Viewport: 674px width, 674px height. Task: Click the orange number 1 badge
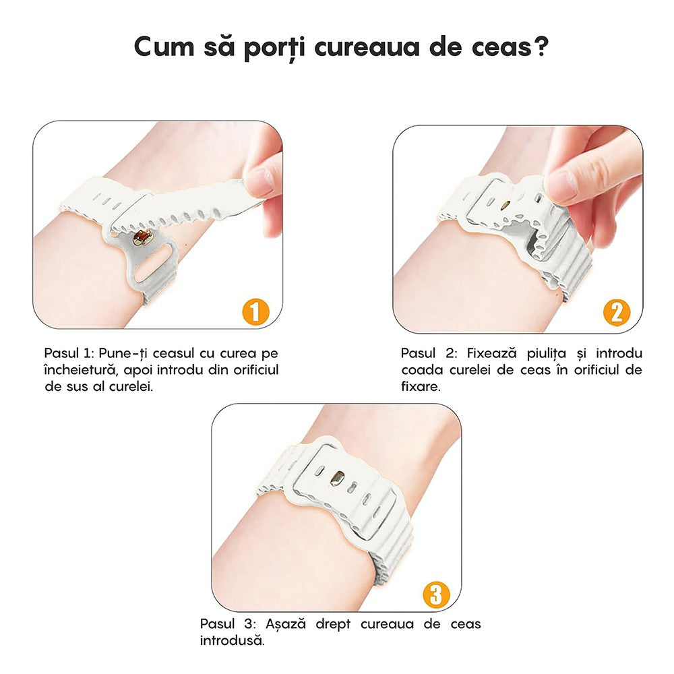click(255, 311)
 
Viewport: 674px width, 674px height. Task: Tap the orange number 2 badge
click(616, 311)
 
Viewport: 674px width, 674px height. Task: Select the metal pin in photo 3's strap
click(335, 477)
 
